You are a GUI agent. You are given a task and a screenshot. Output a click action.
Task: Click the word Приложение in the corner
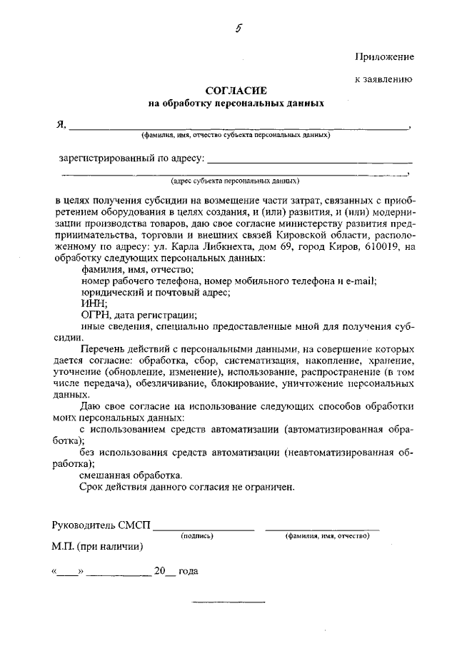click(x=383, y=56)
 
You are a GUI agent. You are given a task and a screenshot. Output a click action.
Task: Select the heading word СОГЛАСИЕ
click(x=236, y=91)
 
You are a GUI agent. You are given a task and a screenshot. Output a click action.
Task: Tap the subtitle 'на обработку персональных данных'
click(x=236, y=104)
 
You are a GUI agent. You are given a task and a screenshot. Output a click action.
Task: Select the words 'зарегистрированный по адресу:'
click(x=132, y=157)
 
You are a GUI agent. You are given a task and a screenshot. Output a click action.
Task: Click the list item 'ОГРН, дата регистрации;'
click(x=139, y=316)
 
